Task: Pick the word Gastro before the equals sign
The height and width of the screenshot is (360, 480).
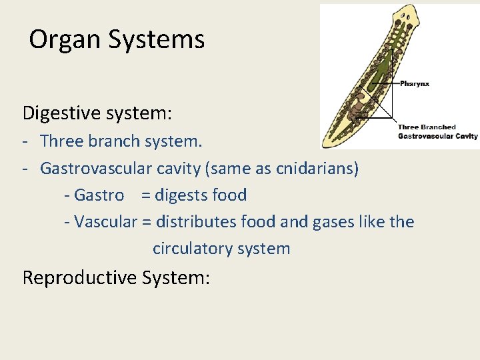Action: coord(99,195)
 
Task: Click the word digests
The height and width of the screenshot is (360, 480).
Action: coord(181,195)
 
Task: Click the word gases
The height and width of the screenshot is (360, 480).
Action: coord(335,221)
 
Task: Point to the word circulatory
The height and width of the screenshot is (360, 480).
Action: coord(192,249)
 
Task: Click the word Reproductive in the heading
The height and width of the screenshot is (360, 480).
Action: coord(80,277)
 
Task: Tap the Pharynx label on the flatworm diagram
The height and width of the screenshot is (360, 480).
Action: coord(415,83)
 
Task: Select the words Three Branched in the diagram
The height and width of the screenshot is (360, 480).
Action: coord(427,127)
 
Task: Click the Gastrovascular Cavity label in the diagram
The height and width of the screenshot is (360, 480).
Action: coord(437,136)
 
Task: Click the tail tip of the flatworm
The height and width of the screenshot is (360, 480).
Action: coord(326,143)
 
